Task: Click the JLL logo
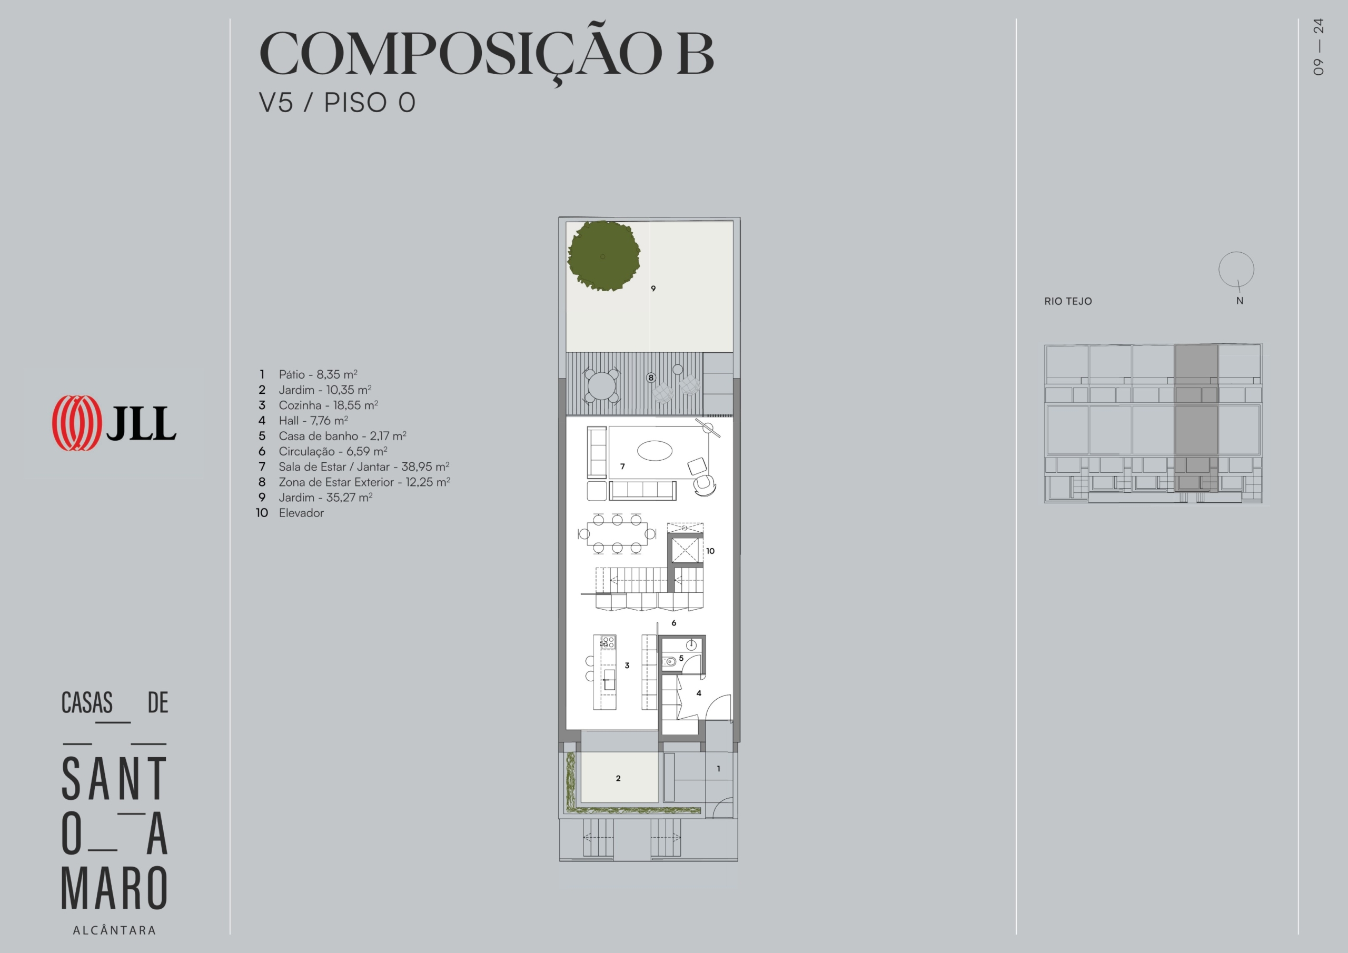click(x=114, y=423)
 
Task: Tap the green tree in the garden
click(x=603, y=256)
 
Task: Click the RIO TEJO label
click(x=1068, y=301)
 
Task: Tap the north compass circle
click(x=1236, y=270)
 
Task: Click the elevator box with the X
click(x=686, y=550)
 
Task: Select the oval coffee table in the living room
click(x=655, y=451)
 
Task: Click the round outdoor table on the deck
click(x=602, y=386)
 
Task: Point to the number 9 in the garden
click(x=653, y=289)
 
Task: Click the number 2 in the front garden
click(x=618, y=778)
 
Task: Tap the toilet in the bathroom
click(x=669, y=661)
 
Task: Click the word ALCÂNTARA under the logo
click(x=114, y=930)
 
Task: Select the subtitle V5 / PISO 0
click(x=338, y=102)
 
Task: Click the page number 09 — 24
click(x=1319, y=47)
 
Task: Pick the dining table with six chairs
click(x=617, y=534)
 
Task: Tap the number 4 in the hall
click(x=699, y=693)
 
